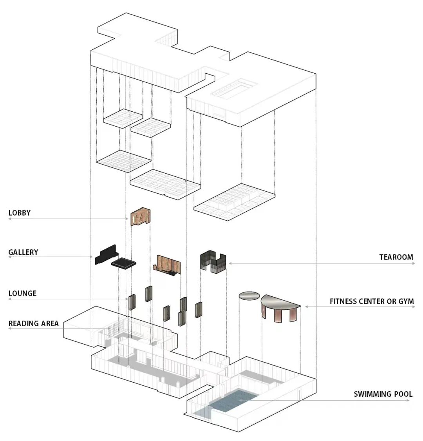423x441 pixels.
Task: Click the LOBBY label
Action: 20,213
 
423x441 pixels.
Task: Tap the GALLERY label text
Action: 23,252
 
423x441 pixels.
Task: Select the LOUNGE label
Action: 22,293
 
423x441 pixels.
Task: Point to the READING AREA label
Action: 34,323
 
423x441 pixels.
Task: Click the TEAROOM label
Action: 396,257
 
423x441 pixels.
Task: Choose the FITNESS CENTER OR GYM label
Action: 372,301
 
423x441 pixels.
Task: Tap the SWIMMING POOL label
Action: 383,394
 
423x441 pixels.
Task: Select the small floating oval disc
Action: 249,296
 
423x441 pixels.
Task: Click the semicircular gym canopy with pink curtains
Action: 280,306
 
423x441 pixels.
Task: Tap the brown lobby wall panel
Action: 141,217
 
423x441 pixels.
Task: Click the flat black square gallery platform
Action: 123,263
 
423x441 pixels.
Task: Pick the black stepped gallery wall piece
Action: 105,254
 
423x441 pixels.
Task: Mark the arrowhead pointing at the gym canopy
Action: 307,307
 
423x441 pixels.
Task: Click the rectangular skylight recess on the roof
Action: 234,89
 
